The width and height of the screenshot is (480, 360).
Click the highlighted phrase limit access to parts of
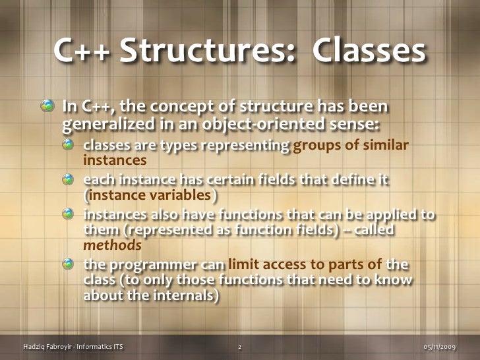(x=305, y=265)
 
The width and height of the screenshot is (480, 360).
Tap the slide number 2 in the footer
(x=239, y=345)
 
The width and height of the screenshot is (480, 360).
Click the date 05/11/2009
(x=438, y=345)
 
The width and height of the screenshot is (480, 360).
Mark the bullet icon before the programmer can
(x=70, y=265)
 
